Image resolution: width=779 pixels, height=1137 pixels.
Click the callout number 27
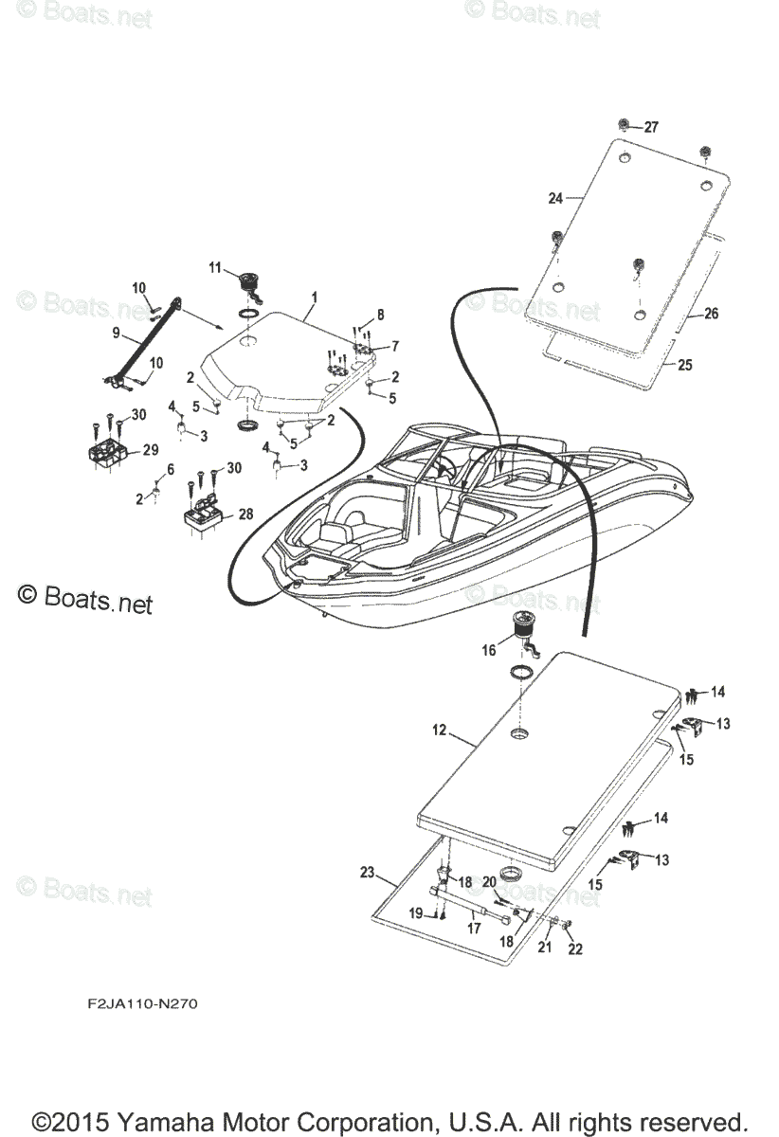pyautogui.click(x=650, y=128)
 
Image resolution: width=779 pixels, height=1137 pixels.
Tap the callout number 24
pyautogui.click(x=555, y=198)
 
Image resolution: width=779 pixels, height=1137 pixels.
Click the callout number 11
pyautogui.click(x=215, y=267)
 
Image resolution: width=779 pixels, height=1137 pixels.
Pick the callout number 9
pyautogui.click(x=116, y=333)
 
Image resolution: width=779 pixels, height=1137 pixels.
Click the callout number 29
pyautogui.click(x=150, y=451)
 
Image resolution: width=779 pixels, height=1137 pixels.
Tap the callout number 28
pyautogui.click(x=245, y=514)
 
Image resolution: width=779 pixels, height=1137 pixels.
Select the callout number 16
pyautogui.click(x=489, y=651)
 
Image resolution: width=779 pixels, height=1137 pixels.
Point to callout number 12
pyautogui.click(x=439, y=731)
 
